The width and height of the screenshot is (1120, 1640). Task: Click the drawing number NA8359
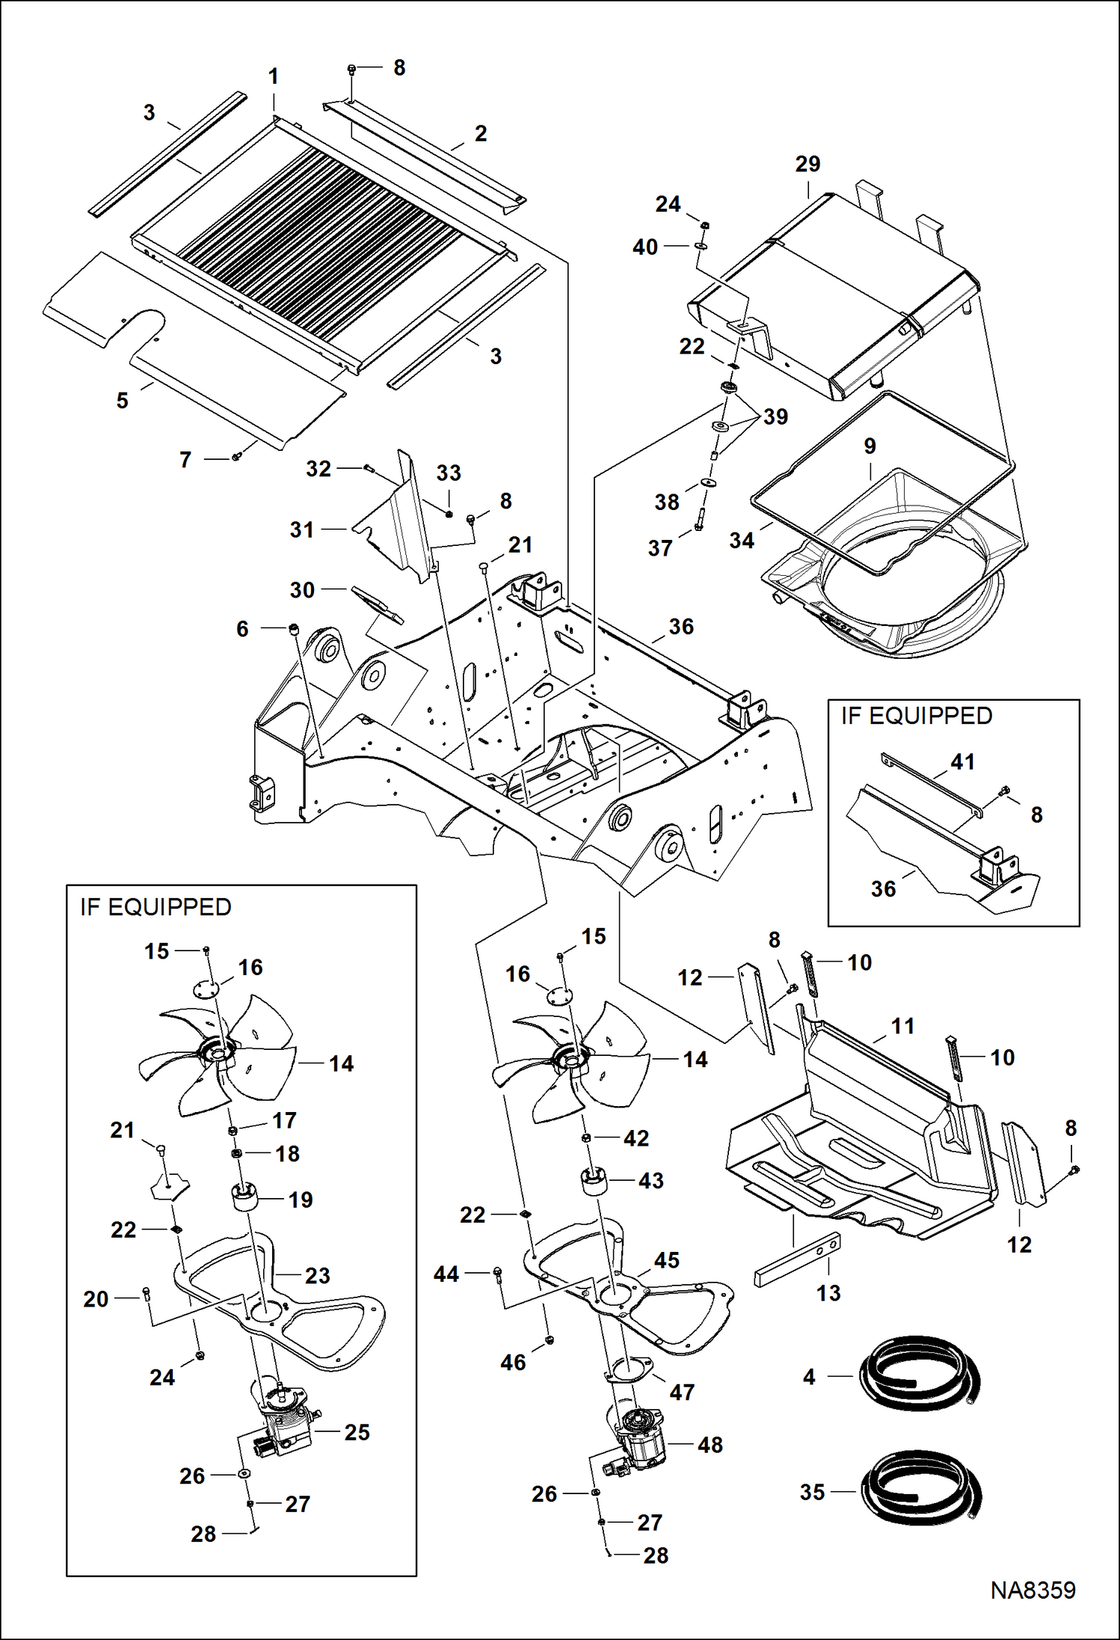[x=1033, y=1590]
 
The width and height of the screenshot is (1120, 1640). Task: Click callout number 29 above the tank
[x=807, y=164]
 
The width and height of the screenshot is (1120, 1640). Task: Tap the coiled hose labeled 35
[x=919, y=1492]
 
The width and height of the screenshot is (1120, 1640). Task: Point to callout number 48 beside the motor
[x=710, y=1445]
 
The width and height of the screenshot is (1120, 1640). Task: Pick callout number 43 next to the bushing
[x=650, y=1181]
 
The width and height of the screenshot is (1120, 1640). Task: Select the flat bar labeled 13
[x=797, y=1260]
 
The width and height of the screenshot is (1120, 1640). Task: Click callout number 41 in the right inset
[x=962, y=762]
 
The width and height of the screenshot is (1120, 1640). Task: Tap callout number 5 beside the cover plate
[x=123, y=401]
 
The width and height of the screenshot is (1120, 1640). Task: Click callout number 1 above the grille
[x=274, y=76]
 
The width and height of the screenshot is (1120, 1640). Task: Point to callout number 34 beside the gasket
[x=742, y=540]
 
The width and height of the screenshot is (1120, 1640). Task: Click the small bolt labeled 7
[x=236, y=456]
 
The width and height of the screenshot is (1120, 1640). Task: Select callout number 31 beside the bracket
[x=302, y=529]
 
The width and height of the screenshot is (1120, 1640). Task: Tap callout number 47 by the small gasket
[x=681, y=1392]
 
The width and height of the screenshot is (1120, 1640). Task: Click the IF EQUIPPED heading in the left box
[x=156, y=907]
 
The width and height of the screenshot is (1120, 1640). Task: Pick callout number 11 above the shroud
[x=902, y=1026]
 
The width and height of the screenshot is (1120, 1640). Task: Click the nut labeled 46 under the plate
[x=550, y=1339]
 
